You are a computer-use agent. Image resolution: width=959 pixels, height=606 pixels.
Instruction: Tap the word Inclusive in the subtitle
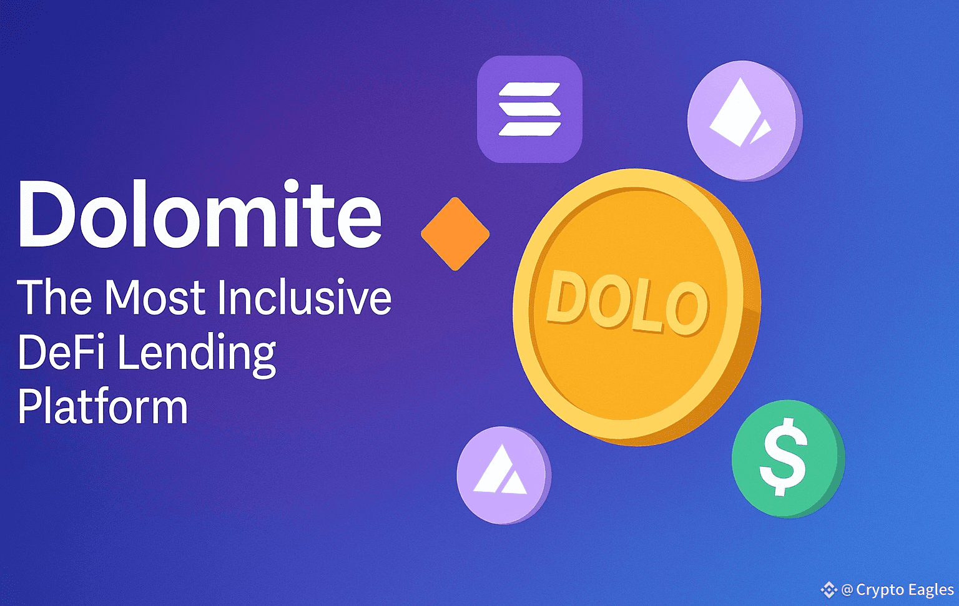[305, 297]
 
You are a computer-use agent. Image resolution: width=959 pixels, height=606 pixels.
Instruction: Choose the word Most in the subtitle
[156, 298]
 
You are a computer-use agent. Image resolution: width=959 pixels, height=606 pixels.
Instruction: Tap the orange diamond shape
[455, 233]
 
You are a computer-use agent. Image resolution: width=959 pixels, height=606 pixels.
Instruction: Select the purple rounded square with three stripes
[529, 109]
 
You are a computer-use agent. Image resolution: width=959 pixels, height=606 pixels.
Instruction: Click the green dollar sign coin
[788, 459]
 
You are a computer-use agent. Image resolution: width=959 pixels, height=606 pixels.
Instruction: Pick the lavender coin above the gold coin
[745, 120]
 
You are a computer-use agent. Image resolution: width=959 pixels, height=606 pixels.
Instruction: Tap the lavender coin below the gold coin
[503, 475]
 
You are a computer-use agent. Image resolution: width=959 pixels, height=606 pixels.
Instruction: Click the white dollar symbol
[784, 457]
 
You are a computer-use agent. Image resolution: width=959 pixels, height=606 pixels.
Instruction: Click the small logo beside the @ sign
[829, 590]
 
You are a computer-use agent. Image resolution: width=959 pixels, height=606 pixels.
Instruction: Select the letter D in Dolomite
[48, 215]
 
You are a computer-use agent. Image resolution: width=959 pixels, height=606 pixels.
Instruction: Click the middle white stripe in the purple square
[529, 109]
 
